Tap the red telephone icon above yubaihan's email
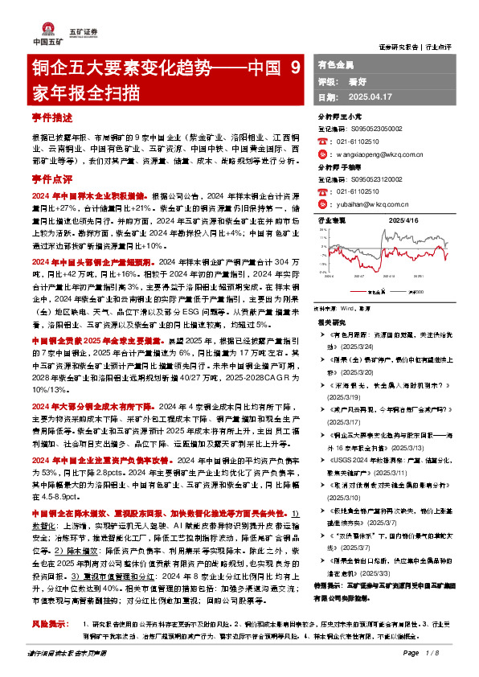322,191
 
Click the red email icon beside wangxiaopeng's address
322,153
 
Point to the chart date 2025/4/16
402,219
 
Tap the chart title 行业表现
333,219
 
